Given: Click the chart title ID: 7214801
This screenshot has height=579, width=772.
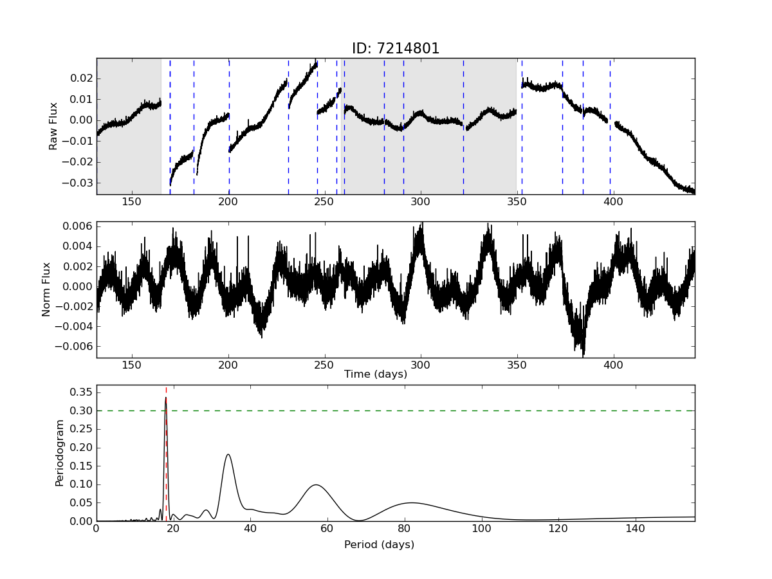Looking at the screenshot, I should tap(395, 49).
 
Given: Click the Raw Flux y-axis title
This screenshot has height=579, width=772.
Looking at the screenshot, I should tap(54, 126).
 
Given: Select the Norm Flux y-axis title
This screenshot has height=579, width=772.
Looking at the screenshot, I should tap(46, 289).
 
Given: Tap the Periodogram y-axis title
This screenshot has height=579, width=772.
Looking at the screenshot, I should tap(59, 453).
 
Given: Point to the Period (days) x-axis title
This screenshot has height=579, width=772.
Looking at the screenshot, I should tap(379, 545).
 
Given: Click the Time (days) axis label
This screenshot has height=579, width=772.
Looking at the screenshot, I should tap(376, 374).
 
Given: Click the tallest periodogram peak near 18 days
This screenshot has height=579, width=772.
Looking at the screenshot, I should tap(166, 398).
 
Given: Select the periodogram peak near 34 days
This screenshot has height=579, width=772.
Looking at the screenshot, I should tap(228, 455).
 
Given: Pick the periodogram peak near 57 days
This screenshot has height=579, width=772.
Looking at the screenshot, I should tap(315, 485).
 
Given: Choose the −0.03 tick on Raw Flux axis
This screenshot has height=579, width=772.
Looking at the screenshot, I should tap(76, 183).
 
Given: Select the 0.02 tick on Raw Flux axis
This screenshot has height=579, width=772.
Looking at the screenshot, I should tap(80, 78).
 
